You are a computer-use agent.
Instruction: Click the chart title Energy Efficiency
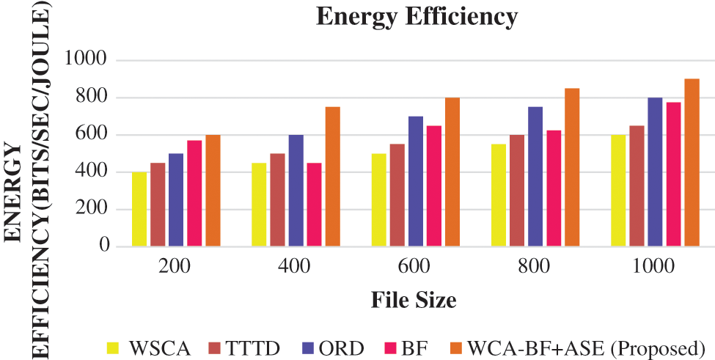click(417, 16)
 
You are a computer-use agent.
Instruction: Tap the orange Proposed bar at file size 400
click(332, 176)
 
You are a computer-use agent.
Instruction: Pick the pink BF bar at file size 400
click(314, 205)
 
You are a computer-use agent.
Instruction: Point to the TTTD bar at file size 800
click(517, 190)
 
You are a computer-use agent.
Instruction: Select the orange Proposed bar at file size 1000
click(692, 162)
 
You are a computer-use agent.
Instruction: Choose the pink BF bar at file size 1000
click(673, 174)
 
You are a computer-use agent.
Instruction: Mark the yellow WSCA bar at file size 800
click(499, 195)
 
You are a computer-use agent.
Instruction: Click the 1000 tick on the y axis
click(89, 60)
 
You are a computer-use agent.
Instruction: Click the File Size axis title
click(414, 300)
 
